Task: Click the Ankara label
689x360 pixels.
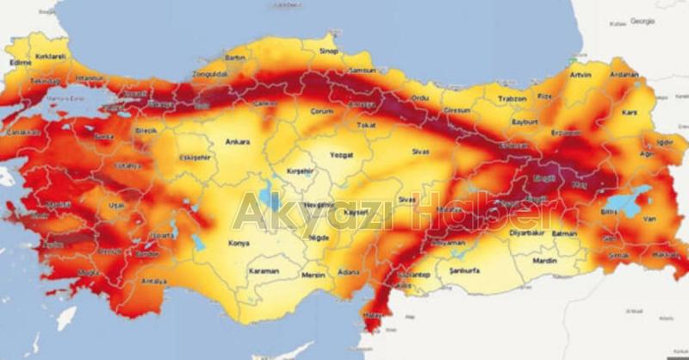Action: tap(237, 142)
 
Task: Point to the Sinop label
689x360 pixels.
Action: tap(328, 52)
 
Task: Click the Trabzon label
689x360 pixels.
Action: tap(511, 99)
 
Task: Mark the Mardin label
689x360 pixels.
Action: tap(544, 260)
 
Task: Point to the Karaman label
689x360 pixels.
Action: tap(264, 271)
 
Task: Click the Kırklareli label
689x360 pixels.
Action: tap(51, 57)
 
